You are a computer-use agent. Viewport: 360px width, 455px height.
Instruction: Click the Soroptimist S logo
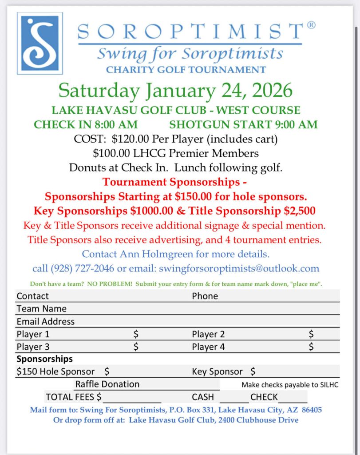[40, 43]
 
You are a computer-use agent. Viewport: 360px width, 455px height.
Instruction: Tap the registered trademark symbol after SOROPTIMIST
[311, 25]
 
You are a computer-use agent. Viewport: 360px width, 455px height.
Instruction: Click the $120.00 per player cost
[130, 139]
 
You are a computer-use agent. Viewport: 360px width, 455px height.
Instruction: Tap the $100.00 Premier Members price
[115, 153]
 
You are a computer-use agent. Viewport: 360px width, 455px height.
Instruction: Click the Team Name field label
[42, 308]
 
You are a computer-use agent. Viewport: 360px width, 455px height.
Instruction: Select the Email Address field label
[46, 321]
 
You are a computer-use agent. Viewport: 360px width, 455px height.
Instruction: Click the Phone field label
[205, 296]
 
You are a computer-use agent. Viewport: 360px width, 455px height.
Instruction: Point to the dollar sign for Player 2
[311, 334]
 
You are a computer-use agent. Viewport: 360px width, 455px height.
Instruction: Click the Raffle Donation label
[107, 384]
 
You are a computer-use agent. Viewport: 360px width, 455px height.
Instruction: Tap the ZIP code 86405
[312, 410]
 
